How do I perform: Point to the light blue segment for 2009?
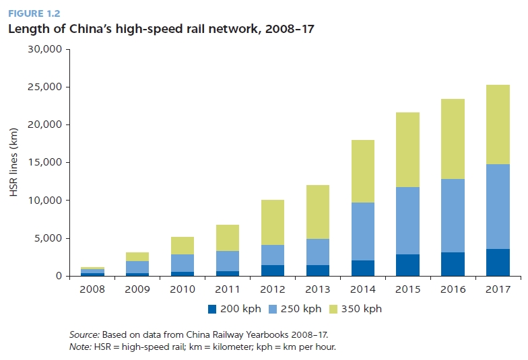click(x=137, y=266)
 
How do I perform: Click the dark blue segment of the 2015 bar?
click(x=408, y=265)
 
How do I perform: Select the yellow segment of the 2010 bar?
click(x=183, y=246)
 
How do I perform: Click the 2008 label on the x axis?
click(x=92, y=289)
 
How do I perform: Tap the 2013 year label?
click(x=318, y=289)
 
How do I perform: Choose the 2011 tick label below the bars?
click(x=228, y=289)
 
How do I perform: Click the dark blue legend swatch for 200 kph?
click(x=212, y=310)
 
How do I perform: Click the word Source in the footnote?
click(x=83, y=334)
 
